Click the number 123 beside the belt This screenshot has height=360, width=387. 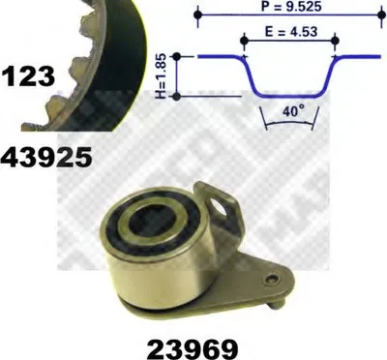tap(28, 75)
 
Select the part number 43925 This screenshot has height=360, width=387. tap(46, 157)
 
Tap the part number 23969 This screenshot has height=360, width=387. tap(193, 348)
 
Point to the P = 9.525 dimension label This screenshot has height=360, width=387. tap(291, 7)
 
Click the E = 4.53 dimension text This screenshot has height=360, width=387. tap(291, 32)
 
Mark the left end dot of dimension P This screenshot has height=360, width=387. tap(198, 15)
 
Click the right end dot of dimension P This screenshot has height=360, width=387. tap(381, 15)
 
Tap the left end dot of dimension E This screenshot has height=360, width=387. tap(244, 41)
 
